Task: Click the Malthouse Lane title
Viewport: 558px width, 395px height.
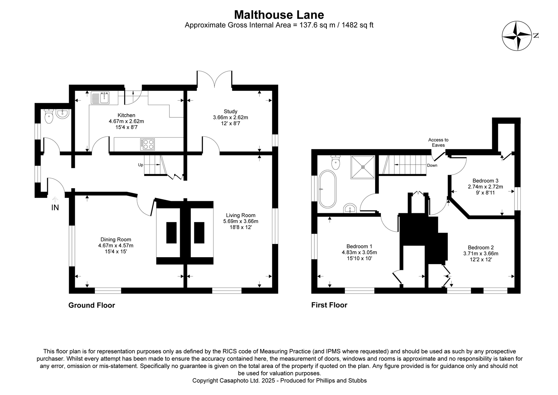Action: [x=279, y=15]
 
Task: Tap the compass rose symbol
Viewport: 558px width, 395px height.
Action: [x=517, y=36]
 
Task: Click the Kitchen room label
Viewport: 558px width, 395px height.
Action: [x=126, y=115]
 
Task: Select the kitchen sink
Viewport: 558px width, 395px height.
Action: [x=100, y=98]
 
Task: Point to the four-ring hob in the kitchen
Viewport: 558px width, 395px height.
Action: [x=147, y=144]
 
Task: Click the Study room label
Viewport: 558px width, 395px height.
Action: [x=230, y=111]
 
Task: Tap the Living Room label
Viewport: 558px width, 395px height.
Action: [x=240, y=215]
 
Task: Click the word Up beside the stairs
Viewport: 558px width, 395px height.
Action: [x=141, y=165]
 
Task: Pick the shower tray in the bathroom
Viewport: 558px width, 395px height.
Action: [x=363, y=167]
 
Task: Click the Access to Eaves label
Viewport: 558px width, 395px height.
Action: [x=438, y=142]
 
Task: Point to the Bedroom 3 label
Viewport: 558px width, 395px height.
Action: [x=485, y=181]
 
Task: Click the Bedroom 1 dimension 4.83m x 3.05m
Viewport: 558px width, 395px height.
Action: [x=359, y=252]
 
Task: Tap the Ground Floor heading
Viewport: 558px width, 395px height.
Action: [x=92, y=305]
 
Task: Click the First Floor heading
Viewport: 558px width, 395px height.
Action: [x=329, y=305]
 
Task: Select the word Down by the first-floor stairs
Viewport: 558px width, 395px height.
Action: [x=432, y=165]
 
